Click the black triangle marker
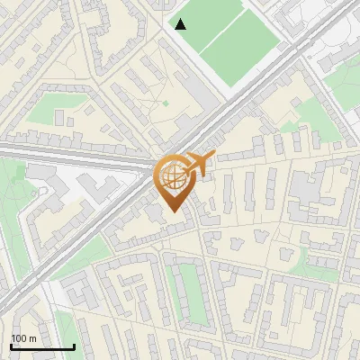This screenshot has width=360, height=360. (180, 23)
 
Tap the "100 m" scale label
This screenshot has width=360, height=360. (23, 338)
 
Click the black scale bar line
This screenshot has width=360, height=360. (42, 346)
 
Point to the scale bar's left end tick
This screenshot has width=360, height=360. (11, 345)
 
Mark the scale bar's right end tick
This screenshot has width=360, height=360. (74, 345)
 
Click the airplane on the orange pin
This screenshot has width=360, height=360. (200, 166)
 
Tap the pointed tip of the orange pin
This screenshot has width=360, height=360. (174, 211)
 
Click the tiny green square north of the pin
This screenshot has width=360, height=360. (166, 103)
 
